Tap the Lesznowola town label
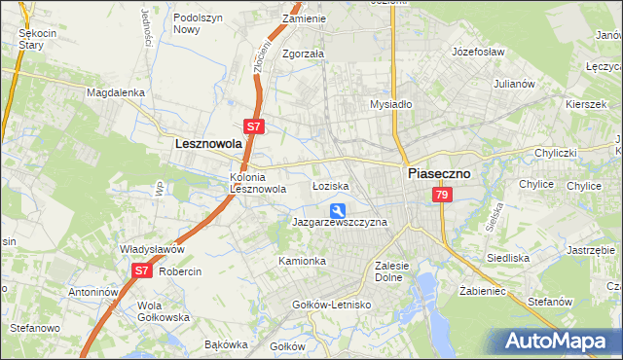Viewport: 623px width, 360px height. pyautogui.click(x=207, y=142)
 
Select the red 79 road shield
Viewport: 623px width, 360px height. pyautogui.click(x=443, y=197)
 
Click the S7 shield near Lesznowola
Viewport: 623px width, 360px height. pyautogui.click(x=253, y=126)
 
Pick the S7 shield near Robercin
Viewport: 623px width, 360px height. pyautogui.click(x=141, y=270)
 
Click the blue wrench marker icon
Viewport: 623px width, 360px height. pyautogui.click(x=338, y=210)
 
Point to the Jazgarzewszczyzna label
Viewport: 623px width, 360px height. pyautogui.click(x=340, y=223)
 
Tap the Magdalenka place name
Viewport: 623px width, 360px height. pyautogui.click(x=116, y=92)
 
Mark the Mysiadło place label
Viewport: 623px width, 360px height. pyautogui.click(x=392, y=103)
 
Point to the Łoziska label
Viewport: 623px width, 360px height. pyautogui.click(x=330, y=185)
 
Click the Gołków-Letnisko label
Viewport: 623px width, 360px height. pyautogui.click(x=333, y=305)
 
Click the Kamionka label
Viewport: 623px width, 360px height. pyautogui.click(x=302, y=261)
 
